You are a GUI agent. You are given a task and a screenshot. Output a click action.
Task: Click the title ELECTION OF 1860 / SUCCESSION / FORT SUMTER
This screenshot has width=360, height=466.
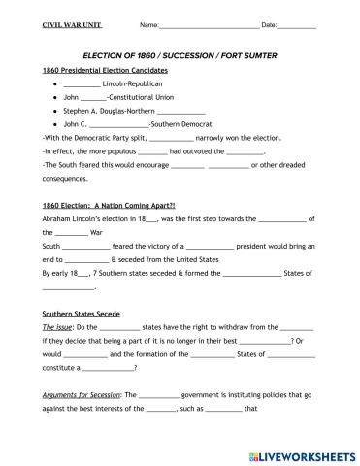tap(180, 56)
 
